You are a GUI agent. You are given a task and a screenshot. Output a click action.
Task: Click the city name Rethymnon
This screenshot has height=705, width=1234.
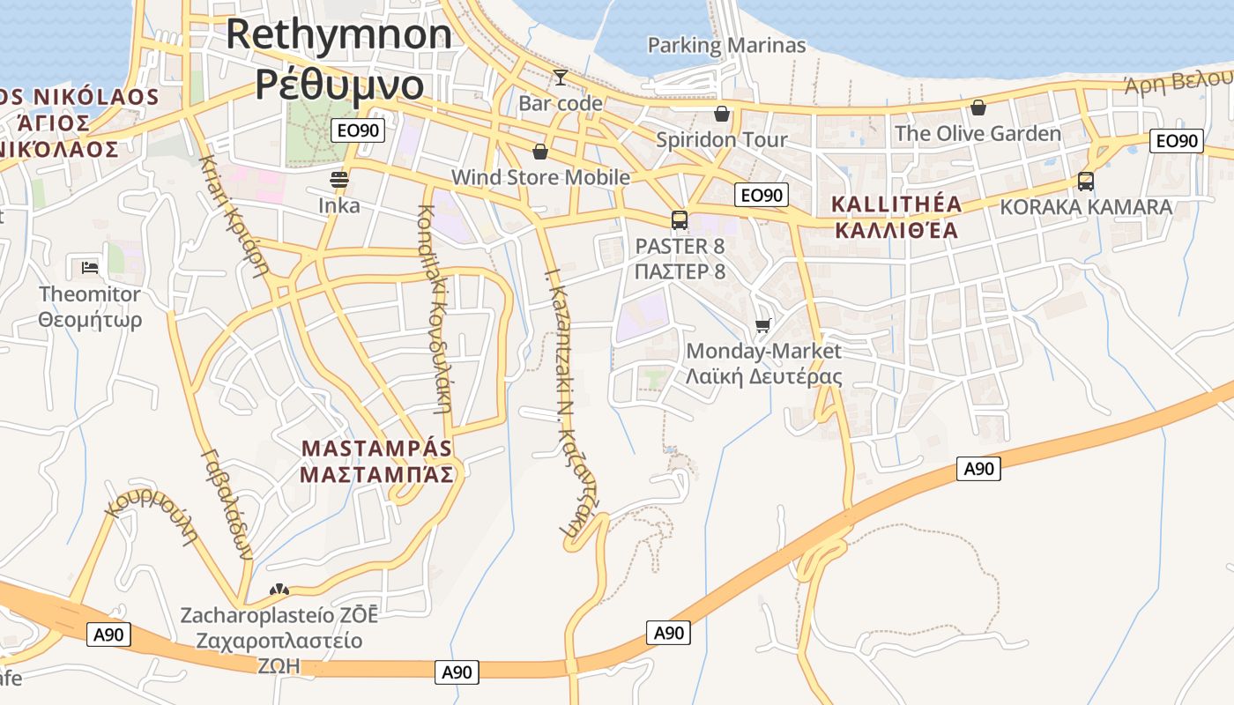click(339, 35)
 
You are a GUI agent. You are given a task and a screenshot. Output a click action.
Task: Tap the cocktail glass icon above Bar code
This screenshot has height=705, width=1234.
click(560, 78)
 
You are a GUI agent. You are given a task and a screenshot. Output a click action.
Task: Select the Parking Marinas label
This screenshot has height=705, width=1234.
click(726, 45)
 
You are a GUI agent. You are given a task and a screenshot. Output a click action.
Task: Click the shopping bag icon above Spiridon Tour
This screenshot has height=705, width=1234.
click(722, 113)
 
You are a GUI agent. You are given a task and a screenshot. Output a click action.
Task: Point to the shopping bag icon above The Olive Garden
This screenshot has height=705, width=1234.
click(978, 108)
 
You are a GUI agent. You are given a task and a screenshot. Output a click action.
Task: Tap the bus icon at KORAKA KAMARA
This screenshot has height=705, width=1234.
click(1085, 182)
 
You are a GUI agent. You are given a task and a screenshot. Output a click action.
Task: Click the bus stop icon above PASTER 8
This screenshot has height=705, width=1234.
click(679, 220)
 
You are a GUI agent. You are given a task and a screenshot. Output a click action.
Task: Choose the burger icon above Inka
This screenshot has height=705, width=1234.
click(339, 181)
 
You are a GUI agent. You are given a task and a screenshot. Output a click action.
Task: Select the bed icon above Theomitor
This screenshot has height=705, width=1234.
click(90, 267)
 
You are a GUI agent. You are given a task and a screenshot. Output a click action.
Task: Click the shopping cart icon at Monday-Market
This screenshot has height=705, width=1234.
click(763, 325)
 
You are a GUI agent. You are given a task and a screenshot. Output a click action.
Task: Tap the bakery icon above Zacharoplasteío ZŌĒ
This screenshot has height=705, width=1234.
click(279, 590)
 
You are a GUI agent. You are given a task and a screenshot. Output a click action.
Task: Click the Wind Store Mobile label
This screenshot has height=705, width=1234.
click(540, 177)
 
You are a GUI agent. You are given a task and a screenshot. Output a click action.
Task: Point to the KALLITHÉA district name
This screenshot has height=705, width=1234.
click(897, 204)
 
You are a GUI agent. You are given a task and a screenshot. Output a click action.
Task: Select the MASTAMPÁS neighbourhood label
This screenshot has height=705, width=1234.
click(376, 448)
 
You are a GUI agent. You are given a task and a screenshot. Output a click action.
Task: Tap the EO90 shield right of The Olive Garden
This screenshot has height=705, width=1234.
click(1178, 141)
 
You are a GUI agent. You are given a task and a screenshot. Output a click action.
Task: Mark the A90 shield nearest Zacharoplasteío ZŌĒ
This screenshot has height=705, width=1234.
click(108, 634)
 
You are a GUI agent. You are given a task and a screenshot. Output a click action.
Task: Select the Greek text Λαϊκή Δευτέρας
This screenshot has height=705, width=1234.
click(763, 377)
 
